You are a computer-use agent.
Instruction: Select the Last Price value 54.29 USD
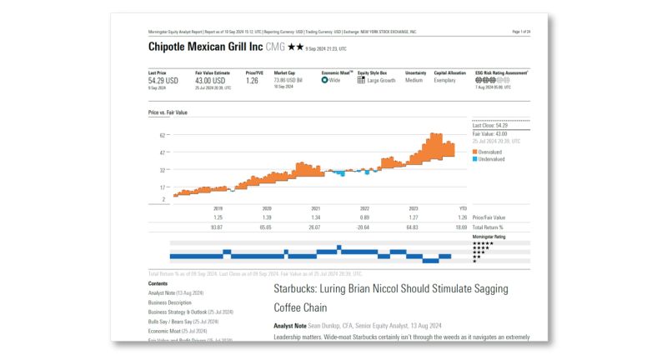point(163,81)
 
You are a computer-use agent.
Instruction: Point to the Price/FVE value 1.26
point(252,81)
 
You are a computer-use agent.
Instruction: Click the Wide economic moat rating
point(335,80)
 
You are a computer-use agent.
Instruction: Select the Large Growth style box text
point(381,80)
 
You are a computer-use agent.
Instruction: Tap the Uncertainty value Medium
point(414,80)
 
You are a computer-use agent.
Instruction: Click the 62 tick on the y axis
point(163,135)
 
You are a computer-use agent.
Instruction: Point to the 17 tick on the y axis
point(163,187)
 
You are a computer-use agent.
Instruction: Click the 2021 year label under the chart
point(316,208)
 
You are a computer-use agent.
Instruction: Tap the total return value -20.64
point(364,227)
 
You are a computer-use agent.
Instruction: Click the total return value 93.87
point(217,227)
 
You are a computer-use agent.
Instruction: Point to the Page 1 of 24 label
point(521,31)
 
